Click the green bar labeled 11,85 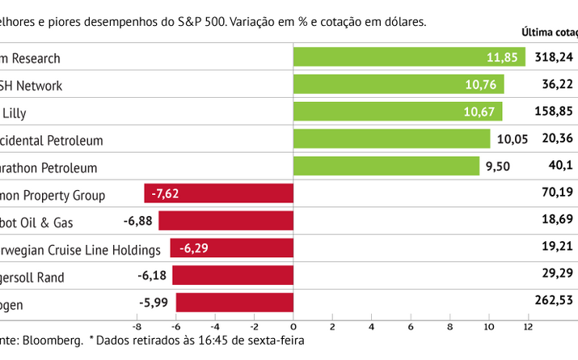(408, 57)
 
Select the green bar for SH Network (398, 84)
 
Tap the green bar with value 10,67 (397, 112)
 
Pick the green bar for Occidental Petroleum (391, 139)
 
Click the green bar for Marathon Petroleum (386, 167)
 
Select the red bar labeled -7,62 (218, 194)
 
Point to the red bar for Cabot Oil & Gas (226, 221)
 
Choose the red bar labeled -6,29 (231, 248)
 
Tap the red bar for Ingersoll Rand (233, 276)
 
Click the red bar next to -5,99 (234, 303)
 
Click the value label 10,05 (512, 139)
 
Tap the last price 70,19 (558, 194)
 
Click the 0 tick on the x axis (293, 327)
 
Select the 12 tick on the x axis (528, 327)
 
